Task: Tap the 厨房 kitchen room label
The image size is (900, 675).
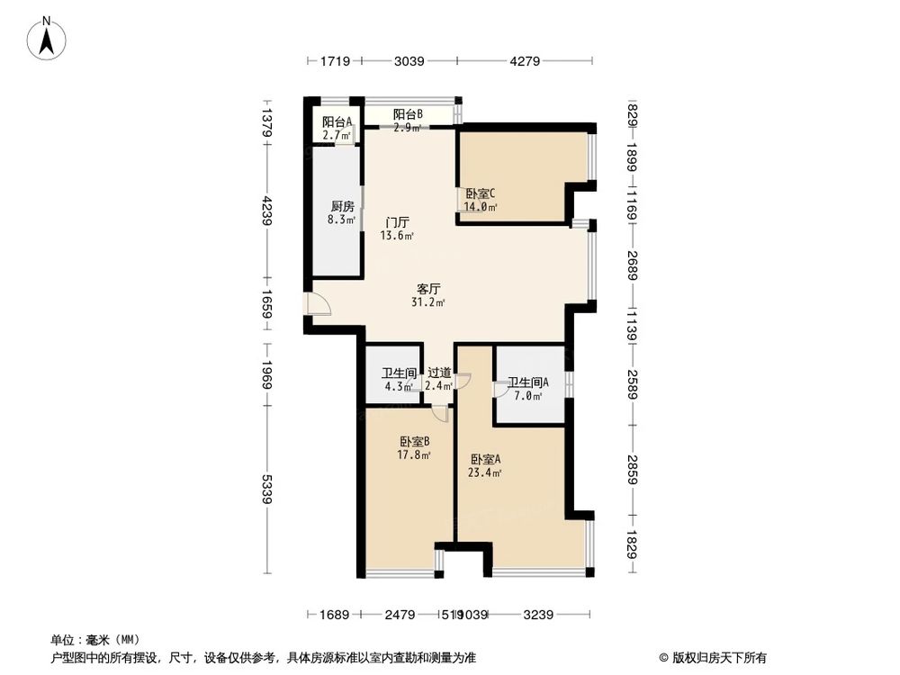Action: pyautogui.click(x=342, y=206)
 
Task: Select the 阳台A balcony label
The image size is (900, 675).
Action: pyautogui.click(x=337, y=122)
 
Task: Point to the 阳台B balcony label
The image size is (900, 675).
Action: pyautogui.click(x=408, y=114)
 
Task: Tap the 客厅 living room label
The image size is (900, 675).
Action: pyautogui.click(x=428, y=290)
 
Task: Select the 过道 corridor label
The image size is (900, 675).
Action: pyautogui.click(x=438, y=373)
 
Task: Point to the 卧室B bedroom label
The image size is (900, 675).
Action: pyautogui.click(x=414, y=442)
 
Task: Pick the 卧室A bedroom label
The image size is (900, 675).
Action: pyautogui.click(x=483, y=458)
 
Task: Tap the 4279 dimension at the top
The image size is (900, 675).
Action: pyautogui.click(x=525, y=61)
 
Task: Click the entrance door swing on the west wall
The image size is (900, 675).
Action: pyautogui.click(x=319, y=305)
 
